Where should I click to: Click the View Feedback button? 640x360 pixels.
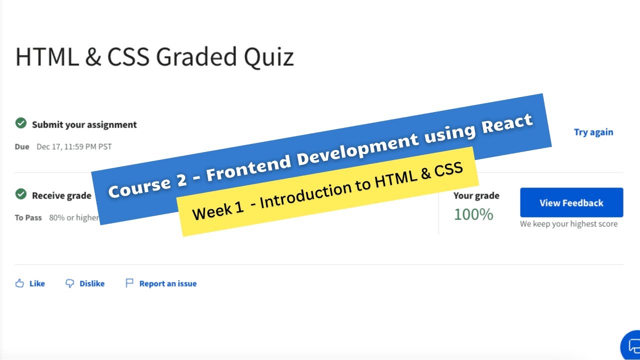click(x=571, y=202)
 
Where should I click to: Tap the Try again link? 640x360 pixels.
click(x=593, y=132)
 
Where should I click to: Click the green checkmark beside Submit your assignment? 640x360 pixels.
click(x=21, y=123)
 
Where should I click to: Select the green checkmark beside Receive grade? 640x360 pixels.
click(x=21, y=194)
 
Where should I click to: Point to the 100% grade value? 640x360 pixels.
click(x=473, y=214)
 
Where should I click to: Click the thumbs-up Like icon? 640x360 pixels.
click(x=19, y=283)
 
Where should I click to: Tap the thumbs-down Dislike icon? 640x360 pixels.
click(x=69, y=283)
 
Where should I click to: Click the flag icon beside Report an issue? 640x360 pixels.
click(x=129, y=283)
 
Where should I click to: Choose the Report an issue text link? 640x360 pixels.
click(x=168, y=283)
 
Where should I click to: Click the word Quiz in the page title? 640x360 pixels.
click(x=269, y=56)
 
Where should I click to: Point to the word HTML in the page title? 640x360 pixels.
click(x=47, y=56)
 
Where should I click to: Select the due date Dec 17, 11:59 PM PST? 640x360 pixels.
click(x=74, y=146)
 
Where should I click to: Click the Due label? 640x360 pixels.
click(x=22, y=146)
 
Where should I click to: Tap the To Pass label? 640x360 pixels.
click(x=28, y=217)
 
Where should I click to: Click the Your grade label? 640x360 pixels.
click(x=476, y=195)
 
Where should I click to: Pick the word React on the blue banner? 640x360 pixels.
click(x=507, y=123)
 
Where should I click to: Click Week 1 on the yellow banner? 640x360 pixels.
click(x=217, y=211)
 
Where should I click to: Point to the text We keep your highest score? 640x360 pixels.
click(x=568, y=223)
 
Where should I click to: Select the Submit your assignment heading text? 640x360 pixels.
click(x=84, y=124)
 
